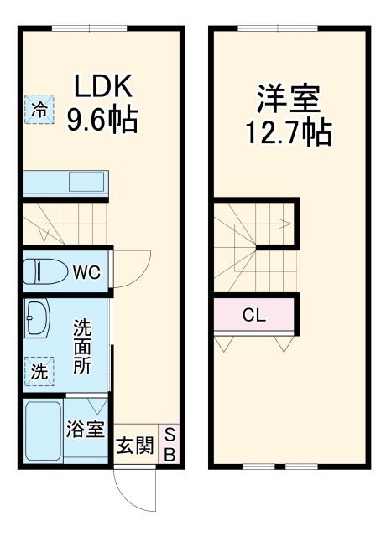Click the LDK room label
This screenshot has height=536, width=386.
click(x=103, y=86)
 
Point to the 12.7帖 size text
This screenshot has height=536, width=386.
click(x=288, y=132)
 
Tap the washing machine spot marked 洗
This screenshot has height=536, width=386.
click(x=39, y=372)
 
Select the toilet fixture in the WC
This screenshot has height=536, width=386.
click(x=43, y=271)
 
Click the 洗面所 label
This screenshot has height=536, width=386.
click(x=81, y=344)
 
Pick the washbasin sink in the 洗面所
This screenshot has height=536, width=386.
click(x=37, y=320)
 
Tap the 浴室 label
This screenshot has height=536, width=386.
click(x=86, y=429)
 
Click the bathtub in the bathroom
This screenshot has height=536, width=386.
click(x=42, y=430)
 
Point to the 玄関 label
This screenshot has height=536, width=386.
click(x=134, y=446)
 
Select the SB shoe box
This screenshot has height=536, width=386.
click(x=169, y=445)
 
